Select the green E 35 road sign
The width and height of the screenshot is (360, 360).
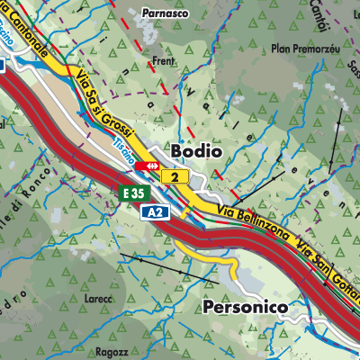point(133,193)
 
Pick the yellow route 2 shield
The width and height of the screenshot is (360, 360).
point(175,177)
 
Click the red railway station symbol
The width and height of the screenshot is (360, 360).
point(147,166)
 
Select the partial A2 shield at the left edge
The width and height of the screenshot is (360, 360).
point(3,65)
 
